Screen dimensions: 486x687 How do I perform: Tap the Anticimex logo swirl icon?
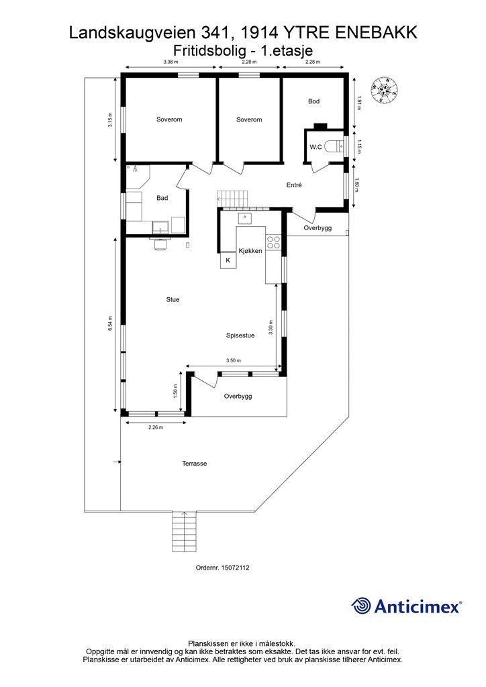coord(361,606)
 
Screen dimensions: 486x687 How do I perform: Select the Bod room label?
coord(313,101)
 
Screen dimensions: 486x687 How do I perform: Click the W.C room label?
coord(316,147)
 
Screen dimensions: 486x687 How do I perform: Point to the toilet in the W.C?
coord(338,146)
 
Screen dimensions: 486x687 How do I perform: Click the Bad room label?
coord(162,198)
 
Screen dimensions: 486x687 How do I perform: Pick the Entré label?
coord(294,185)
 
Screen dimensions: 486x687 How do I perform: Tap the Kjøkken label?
coord(250,251)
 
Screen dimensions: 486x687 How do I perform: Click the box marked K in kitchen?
coord(228,260)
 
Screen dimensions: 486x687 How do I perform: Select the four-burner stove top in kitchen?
coord(273,242)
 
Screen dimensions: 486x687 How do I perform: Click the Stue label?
coord(173,300)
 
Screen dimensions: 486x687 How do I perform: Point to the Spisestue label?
coord(240,335)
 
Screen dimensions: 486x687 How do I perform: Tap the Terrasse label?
coord(195,464)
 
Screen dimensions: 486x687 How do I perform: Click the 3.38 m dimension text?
coord(171,62)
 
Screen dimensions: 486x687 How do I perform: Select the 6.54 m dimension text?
coord(111,323)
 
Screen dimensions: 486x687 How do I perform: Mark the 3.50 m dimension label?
coord(234,360)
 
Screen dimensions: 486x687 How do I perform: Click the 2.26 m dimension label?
coord(156,427)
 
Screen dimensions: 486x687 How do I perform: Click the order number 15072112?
coord(236,568)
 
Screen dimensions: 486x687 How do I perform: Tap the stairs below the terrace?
coord(184,532)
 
